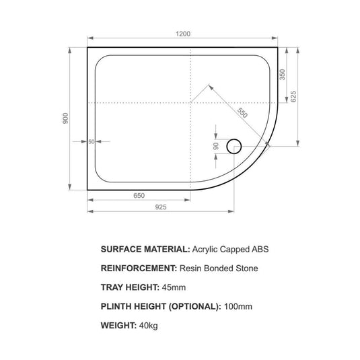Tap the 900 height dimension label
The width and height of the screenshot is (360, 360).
pos(65,118)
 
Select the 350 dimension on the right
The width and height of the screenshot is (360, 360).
pos(283,74)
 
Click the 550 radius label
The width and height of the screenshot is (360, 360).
pos(242,114)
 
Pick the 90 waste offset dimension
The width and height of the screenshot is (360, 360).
pos(216,145)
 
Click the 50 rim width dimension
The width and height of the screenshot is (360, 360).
pos(91,141)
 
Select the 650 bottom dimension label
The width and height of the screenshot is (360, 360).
pos(139,196)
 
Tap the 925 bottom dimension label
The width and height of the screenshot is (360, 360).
pos(160,207)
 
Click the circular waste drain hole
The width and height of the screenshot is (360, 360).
pos(235,145)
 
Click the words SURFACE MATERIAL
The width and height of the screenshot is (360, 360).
pos(144,249)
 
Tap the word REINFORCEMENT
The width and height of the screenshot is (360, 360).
pos(138,268)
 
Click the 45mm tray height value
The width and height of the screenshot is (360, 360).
pos(174,287)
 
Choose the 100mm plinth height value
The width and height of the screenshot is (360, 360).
pos(238,306)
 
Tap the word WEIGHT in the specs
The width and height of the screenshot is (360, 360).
pos(120,325)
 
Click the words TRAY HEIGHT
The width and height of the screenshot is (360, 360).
pos(129,287)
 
